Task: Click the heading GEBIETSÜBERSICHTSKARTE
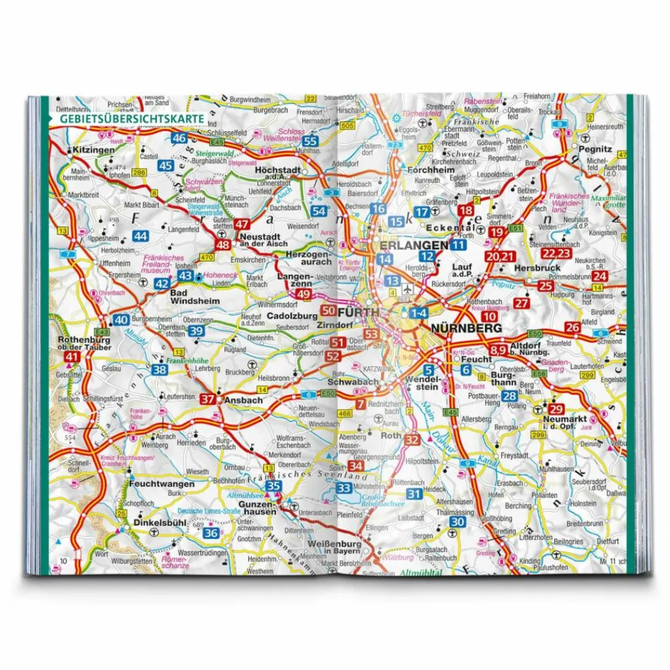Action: pyautogui.click(x=131, y=119)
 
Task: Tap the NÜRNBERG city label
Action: pyautogui.click(x=465, y=328)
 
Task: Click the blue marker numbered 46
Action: pyautogui.click(x=179, y=138)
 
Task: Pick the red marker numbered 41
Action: pyautogui.click(x=73, y=357)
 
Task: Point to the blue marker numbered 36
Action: pyautogui.click(x=211, y=533)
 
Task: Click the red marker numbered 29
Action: pyautogui.click(x=552, y=408)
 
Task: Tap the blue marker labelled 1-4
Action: pyautogui.click(x=419, y=313)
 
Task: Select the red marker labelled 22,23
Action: pyautogui.click(x=557, y=253)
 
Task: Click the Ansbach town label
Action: pyautogui.click(x=243, y=400)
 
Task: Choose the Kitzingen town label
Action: pyautogui.click(x=94, y=150)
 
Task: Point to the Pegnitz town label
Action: pyautogui.click(x=599, y=149)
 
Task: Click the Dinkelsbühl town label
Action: pyautogui.click(x=156, y=523)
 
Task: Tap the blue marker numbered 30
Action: pyautogui.click(x=458, y=521)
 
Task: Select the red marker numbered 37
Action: pyautogui.click(x=208, y=399)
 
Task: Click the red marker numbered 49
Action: pyautogui.click(x=303, y=294)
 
